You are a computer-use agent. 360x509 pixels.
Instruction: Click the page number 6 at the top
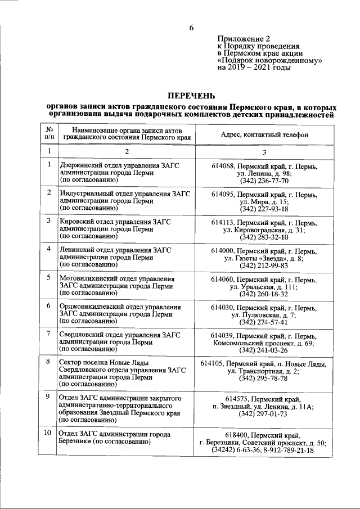click(191, 28)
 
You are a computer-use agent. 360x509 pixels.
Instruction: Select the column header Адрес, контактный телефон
click(264, 135)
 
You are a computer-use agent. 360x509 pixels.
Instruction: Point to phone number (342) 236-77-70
click(264, 182)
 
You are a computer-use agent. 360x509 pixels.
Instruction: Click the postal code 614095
click(223, 194)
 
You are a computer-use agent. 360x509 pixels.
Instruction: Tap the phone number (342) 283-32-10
click(264, 237)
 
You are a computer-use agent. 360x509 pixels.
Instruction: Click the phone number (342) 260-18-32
click(264, 294)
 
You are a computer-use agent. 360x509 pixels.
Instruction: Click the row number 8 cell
click(49, 361)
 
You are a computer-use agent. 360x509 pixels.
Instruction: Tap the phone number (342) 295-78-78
click(264, 379)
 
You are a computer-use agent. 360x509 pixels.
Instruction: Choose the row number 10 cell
click(49, 433)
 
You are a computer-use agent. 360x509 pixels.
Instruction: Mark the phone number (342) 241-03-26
click(264, 350)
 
